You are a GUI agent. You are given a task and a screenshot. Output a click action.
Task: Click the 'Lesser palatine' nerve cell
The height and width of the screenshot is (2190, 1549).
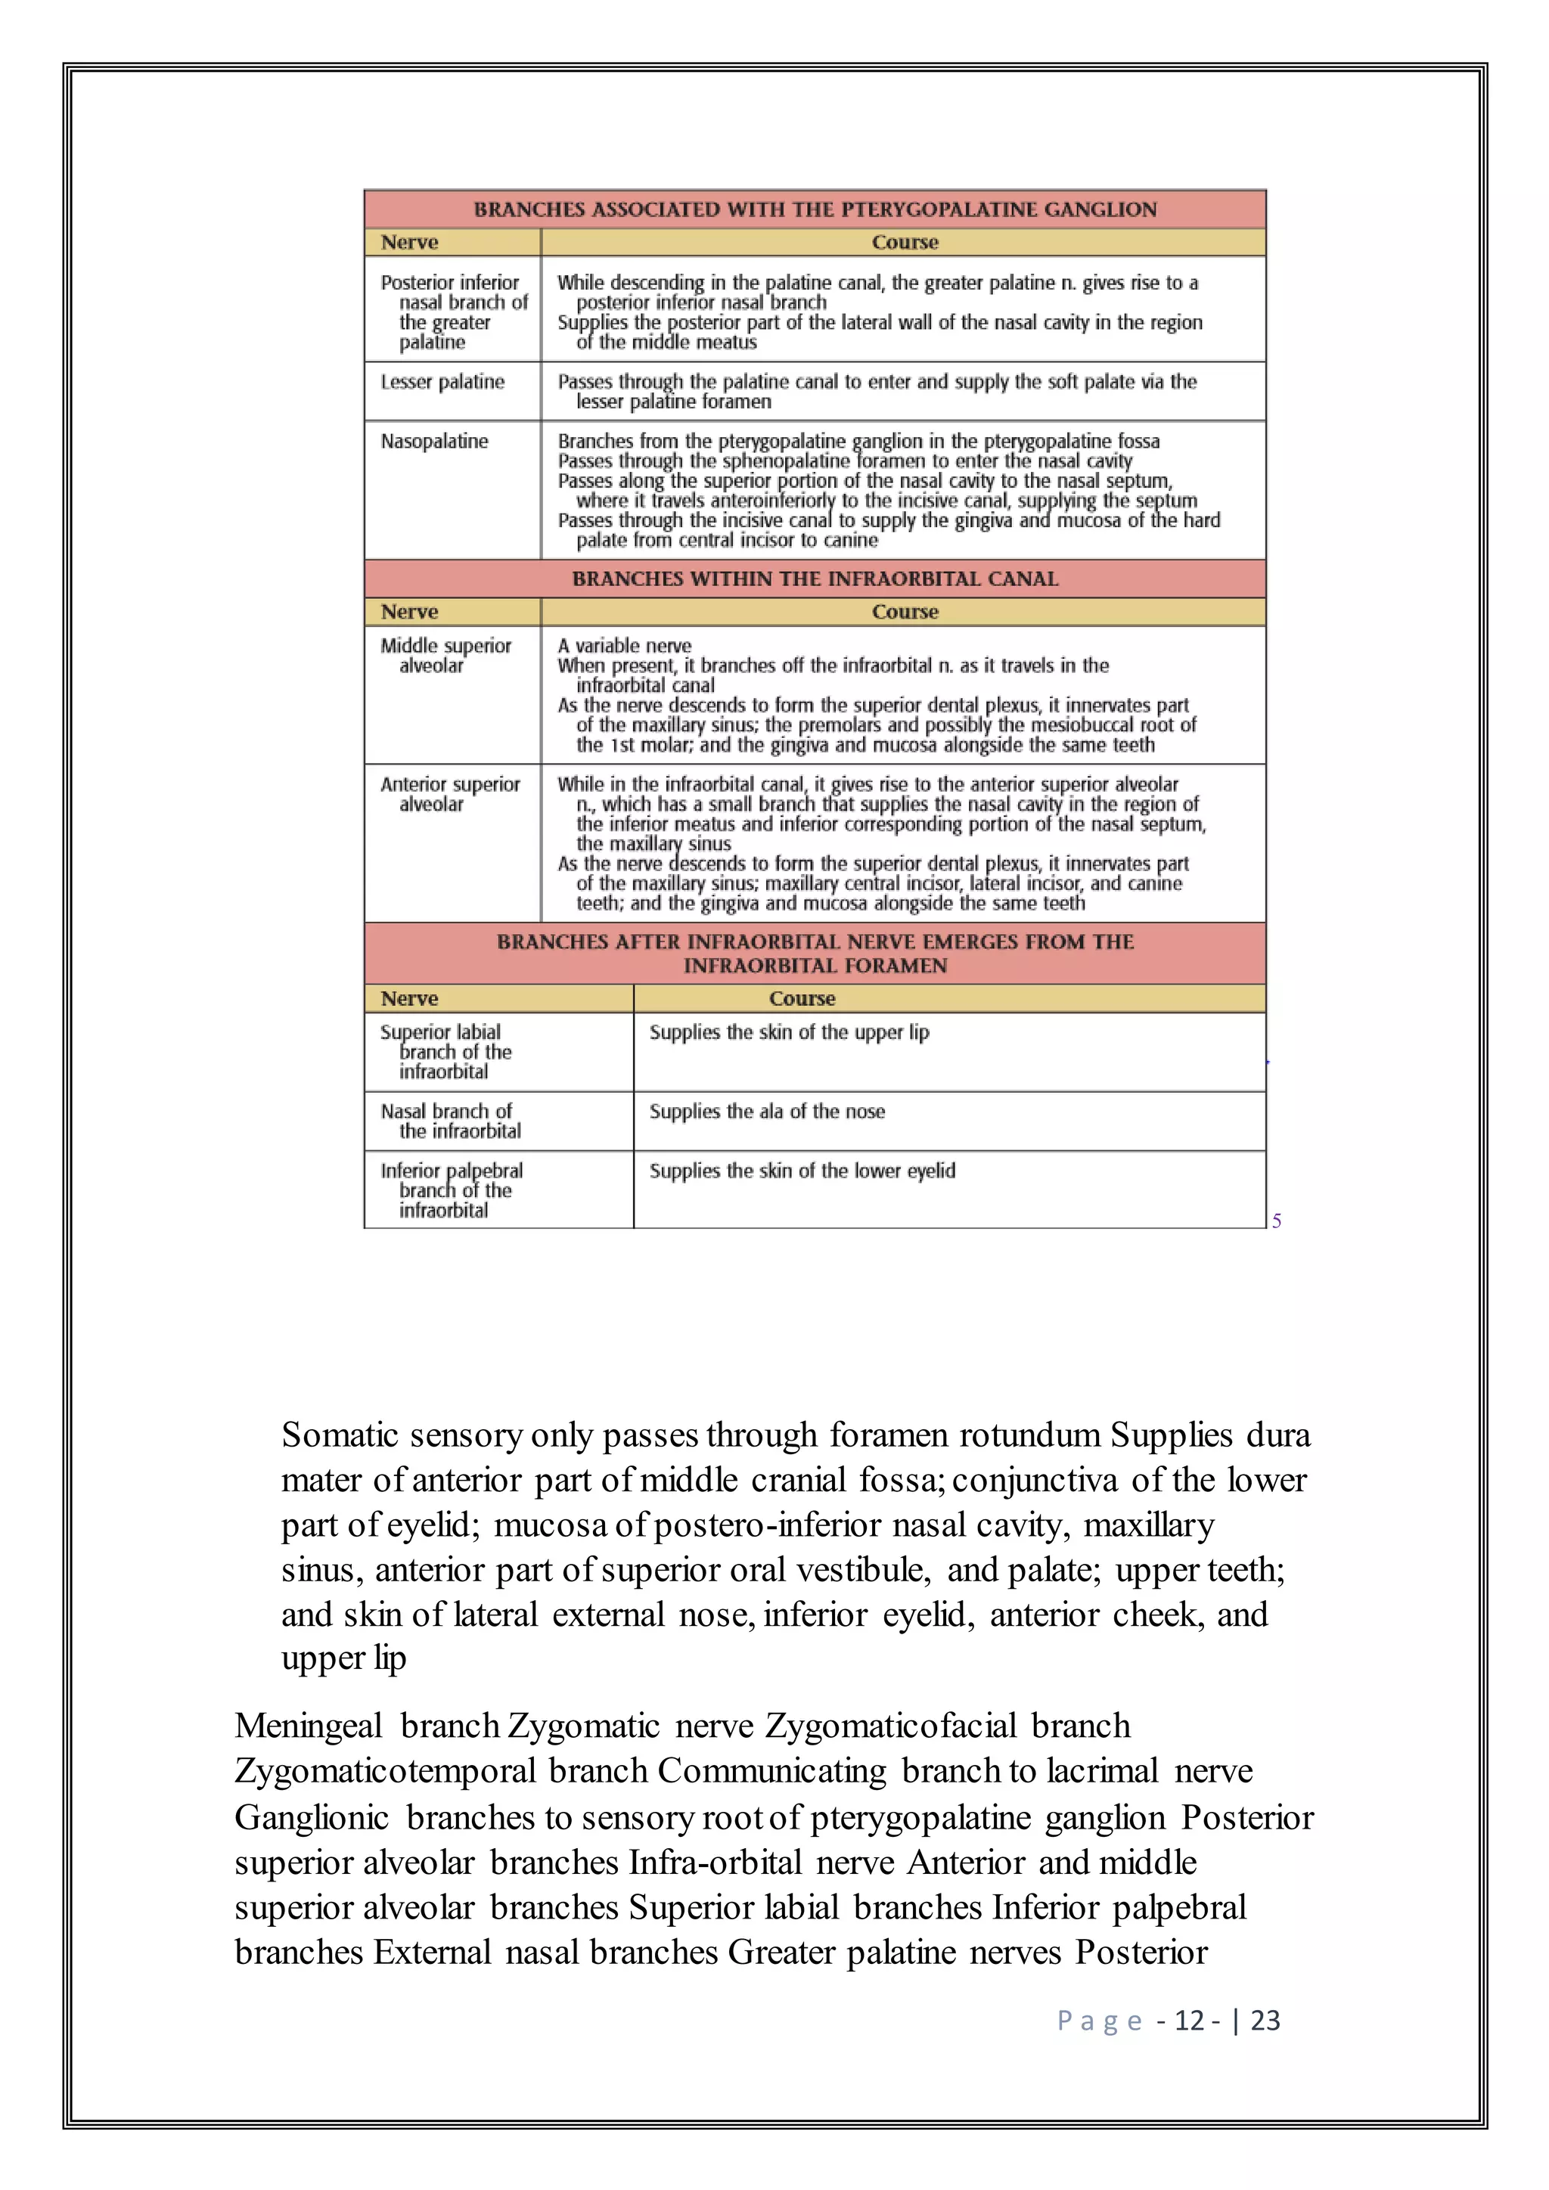coord(442,383)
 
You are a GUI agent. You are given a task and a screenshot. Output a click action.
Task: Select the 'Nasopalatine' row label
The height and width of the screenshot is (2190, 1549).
coord(434,442)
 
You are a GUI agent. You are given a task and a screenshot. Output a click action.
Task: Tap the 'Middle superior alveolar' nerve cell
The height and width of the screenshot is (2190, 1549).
coord(445,656)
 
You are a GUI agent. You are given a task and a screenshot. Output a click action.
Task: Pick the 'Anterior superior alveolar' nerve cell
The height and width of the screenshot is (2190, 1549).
coord(450,793)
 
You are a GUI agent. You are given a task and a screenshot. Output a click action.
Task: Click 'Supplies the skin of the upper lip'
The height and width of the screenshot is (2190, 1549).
coord(789,1032)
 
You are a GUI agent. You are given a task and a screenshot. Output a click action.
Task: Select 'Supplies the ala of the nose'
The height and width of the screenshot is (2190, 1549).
coord(767,1111)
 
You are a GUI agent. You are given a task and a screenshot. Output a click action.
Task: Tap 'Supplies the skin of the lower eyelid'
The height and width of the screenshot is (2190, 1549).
coord(802,1171)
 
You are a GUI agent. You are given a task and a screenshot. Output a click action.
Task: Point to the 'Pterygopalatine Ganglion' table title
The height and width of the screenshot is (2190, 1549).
coord(815,209)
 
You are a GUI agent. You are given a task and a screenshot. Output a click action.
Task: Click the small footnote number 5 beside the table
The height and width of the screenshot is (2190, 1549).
coord(1276,1221)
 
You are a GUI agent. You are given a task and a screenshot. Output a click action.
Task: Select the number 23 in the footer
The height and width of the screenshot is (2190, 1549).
coord(1265,2020)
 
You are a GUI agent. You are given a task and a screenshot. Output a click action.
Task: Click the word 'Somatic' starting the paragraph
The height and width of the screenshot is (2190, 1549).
coord(339,1435)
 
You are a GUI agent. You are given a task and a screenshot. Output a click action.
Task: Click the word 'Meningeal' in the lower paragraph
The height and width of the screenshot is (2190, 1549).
coord(308,1726)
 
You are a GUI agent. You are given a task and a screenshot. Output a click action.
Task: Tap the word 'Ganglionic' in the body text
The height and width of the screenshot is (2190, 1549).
coord(311,1817)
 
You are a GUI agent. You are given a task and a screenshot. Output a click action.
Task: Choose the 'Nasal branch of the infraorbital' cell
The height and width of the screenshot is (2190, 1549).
coord(450,1121)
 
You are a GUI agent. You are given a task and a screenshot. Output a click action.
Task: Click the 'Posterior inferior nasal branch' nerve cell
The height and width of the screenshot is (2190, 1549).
coord(453,312)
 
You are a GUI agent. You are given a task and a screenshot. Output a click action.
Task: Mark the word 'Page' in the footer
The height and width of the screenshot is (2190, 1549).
coord(1099,2020)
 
